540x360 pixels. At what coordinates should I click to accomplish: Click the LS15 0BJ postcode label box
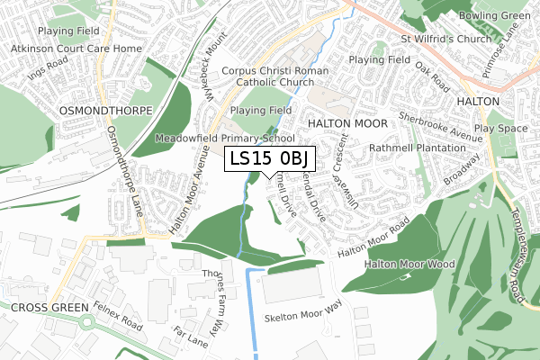click(x=269, y=159)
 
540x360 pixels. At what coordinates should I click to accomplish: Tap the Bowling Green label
click(x=494, y=16)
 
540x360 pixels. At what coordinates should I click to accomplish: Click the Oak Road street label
click(x=432, y=77)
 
